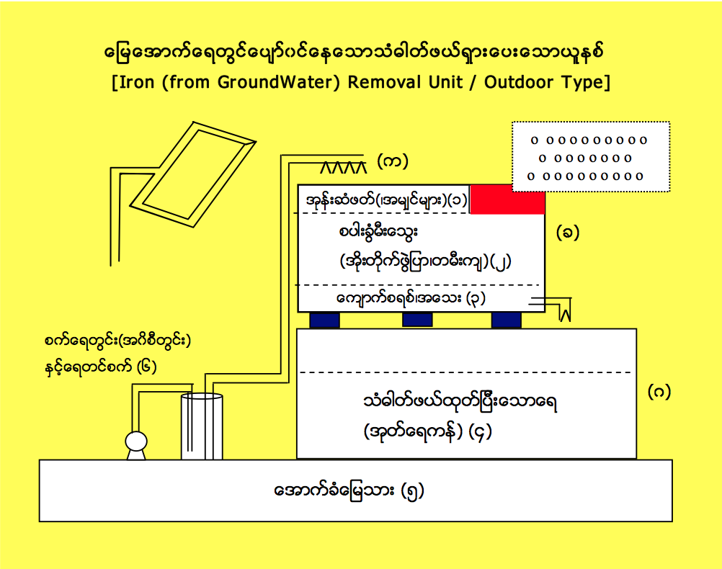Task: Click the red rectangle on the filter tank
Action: [507, 200]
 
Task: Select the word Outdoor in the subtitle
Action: [520, 81]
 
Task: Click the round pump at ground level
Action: [135, 444]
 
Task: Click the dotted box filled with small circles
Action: [590, 157]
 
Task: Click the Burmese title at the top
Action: [360, 55]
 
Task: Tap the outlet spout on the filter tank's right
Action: [558, 310]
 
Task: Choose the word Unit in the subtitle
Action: [444, 81]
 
